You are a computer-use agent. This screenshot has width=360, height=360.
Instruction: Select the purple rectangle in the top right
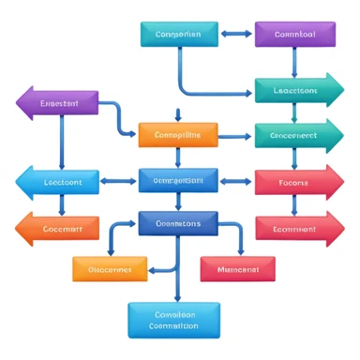(294, 35)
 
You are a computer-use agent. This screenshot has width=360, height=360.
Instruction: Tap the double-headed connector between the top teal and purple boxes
(237, 35)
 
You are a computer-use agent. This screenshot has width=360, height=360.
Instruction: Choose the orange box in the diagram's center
(178, 135)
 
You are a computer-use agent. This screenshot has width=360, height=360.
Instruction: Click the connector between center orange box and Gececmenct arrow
(236, 135)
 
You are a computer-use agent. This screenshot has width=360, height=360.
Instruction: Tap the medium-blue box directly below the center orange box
(178, 179)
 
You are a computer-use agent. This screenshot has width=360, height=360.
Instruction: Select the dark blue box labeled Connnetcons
(178, 224)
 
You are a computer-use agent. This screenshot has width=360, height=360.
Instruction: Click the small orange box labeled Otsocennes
(110, 269)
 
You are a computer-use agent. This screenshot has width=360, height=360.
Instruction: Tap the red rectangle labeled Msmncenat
(237, 269)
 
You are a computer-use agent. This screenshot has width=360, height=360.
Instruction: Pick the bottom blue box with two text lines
(174, 320)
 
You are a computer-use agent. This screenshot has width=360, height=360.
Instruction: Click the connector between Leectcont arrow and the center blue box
(120, 179)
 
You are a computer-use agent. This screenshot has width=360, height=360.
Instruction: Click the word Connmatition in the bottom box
(174, 327)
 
